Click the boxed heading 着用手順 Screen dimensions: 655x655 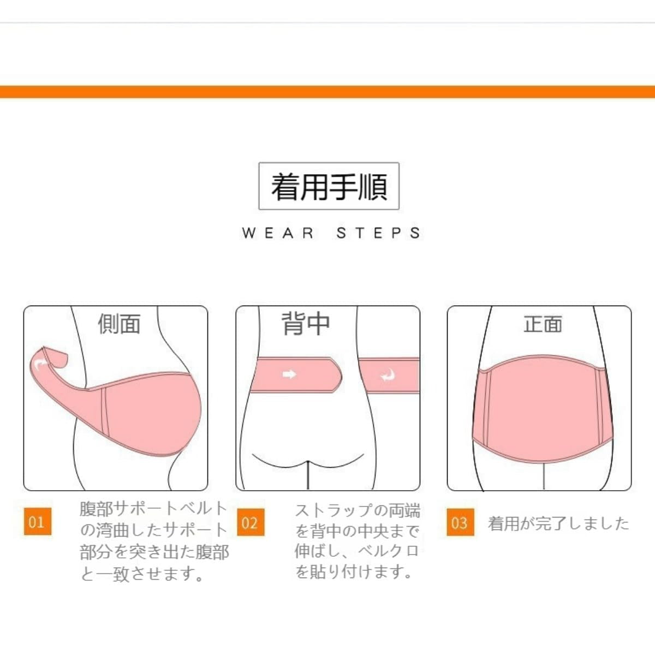click(x=329, y=186)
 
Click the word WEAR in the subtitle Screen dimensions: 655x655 click(x=278, y=233)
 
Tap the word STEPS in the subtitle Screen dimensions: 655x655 click(x=378, y=233)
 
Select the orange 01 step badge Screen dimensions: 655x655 click(x=38, y=522)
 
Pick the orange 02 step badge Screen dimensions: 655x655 click(x=251, y=522)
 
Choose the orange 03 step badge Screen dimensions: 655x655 click(x=460, y=522)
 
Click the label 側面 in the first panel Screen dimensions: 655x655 click(x=120, y=324)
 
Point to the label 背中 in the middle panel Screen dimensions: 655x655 click(x=306, y=324)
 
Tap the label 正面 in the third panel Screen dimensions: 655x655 click(x=543, y=324)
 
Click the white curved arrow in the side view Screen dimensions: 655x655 click(x=41, y=364)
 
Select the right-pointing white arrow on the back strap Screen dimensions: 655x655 click(x=289, y=374)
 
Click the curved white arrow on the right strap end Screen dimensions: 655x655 click(x=388, y=375)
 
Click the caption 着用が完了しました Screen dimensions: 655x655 click(x=558, y=523)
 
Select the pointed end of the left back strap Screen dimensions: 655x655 click(x=341, y=375)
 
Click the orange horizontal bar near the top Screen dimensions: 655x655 click(x=327, y=92)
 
